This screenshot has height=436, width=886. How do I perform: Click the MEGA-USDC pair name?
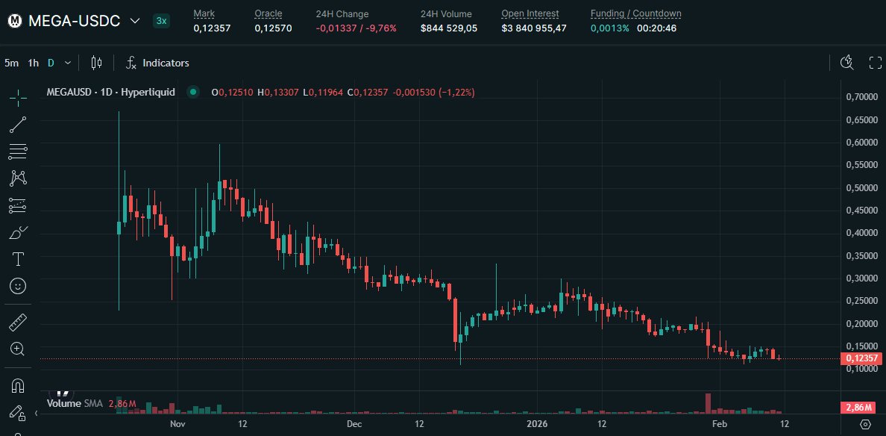(74, 21)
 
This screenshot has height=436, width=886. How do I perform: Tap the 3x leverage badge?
(161, 21)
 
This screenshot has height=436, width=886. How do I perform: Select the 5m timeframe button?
(11, 63)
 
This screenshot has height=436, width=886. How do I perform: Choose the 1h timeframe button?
(34, 63)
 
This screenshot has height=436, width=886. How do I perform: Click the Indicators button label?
(166, 63)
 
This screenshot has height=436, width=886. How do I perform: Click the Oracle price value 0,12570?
(273, 28)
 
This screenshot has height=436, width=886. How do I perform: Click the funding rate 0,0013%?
(610, 28)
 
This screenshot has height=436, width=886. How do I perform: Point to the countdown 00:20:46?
(656, 28)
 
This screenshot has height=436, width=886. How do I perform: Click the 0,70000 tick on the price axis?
(861, 97)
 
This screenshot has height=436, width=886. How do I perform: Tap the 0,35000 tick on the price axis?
(861, 255)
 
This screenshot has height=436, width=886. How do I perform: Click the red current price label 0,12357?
(861, 358)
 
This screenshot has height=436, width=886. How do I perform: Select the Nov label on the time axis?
(177, 423)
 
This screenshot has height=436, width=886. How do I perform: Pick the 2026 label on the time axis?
(537, 423)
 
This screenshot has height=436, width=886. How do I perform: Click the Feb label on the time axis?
(719, 423)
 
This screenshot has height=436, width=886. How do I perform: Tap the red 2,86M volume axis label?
(861, 407)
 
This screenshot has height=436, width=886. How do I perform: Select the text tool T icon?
(18, 259)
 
